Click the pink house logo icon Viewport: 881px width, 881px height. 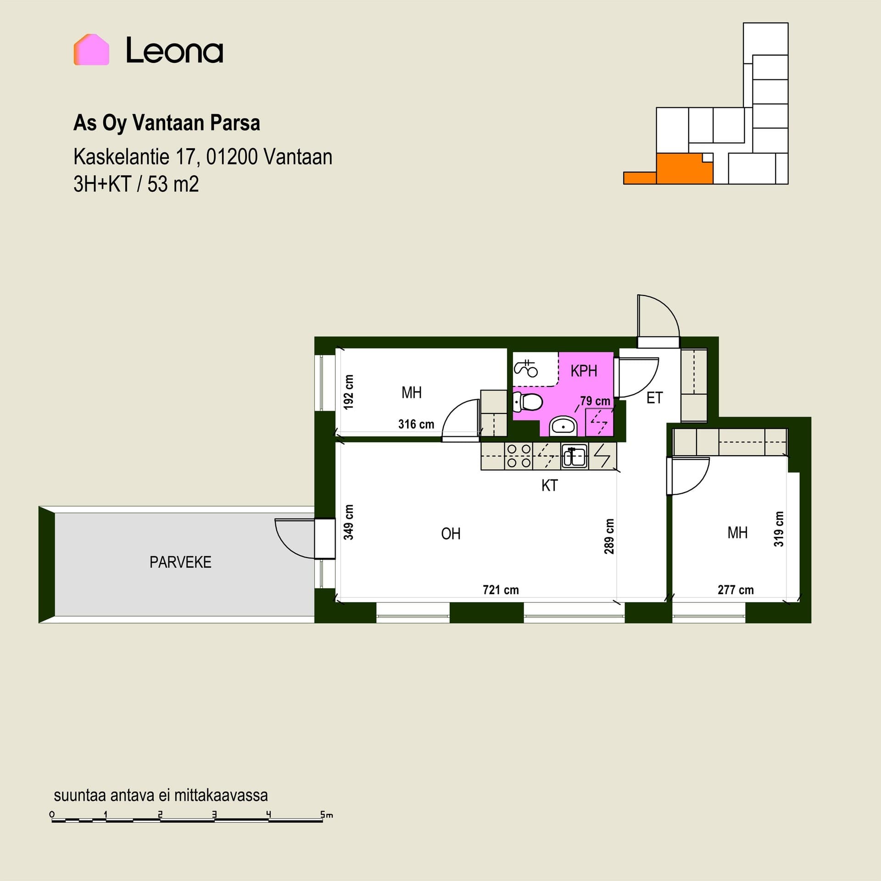[91, 50]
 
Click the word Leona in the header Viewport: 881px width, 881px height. [174, 50]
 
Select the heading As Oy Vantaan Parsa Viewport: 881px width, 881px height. [167, 123]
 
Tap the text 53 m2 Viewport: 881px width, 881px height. [173, 184]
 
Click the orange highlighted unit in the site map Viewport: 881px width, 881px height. [684, 169]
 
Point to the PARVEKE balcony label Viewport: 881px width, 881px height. [180, 562]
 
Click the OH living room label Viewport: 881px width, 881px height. [451, 534]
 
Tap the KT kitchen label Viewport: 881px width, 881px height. [549, 485]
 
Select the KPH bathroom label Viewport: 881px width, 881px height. [584, 371]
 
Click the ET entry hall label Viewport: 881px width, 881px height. [654, 398]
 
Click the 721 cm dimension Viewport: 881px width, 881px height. [501, 590]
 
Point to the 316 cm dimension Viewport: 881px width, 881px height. [416, 424]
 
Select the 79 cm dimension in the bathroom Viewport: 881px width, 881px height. [595, 401]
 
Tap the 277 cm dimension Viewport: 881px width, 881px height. [736, 590]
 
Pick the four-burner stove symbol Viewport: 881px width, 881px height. [519, 456]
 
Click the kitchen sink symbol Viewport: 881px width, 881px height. [574, 456]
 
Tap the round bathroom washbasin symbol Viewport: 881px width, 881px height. [563, 426]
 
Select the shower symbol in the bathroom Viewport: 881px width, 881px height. [526, 368]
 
